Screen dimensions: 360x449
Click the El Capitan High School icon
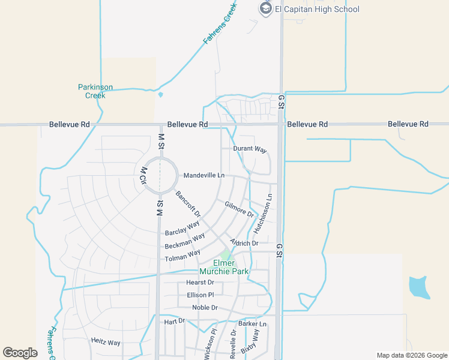265,8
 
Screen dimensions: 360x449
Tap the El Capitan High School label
317,9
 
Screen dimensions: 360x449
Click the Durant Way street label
250,149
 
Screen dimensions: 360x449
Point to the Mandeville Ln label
203,175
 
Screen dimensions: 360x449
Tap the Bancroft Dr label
188,203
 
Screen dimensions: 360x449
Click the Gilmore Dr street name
240,209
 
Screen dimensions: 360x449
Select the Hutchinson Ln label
263,214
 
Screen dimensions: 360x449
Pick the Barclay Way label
182,228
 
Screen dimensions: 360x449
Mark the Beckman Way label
185,242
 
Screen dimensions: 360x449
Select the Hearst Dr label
200,282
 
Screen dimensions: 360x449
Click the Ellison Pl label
200,295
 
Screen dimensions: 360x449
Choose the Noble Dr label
205,308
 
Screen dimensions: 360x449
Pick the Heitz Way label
106,343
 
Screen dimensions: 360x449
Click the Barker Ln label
252,324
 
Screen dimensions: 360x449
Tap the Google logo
20,353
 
